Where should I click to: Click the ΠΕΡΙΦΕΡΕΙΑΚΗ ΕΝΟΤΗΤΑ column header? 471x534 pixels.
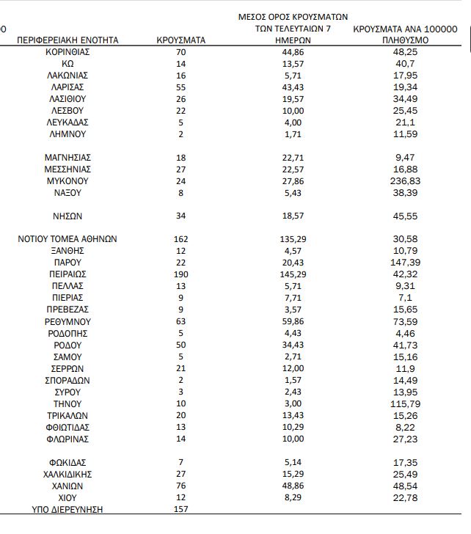[x=67, y=40]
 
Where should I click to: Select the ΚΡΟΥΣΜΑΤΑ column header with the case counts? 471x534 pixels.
[x=181, y=40]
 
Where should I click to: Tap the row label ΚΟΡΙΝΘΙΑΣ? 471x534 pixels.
[x=67, y=52]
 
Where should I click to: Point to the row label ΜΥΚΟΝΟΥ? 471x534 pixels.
[x=67, y=180]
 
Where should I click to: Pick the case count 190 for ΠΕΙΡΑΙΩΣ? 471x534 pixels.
[x=181, y=274]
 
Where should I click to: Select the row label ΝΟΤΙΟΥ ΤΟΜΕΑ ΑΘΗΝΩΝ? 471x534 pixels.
[x=67, y=238]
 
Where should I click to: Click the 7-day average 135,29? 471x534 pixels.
[x=293, y=238]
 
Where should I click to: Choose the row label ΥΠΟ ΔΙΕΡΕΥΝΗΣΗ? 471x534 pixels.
[x=67, y=509]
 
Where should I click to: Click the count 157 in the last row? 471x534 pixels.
[x=181, y=509]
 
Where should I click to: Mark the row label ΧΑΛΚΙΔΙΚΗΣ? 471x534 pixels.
[x=67, y=474]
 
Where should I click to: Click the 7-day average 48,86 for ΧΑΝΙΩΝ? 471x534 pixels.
[x=293, y=486]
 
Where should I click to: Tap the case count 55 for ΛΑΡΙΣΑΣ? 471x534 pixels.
[x=181, y=87]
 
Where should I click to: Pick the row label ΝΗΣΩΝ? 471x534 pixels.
[x=67, y=216]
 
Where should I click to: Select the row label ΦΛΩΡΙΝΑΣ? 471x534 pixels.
[x=67, y=439]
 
